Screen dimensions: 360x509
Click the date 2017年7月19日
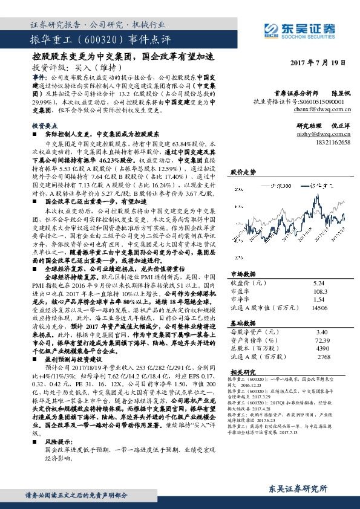point(318,63)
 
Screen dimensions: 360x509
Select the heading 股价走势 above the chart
point(241,172)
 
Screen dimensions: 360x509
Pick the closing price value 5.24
point(319,282)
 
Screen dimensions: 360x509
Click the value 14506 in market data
point(319,308)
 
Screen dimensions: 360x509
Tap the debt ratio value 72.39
point(322,340)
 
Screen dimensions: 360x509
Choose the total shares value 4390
point(322,349)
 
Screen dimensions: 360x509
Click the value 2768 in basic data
point(324,357)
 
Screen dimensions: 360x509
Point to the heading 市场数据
point(241,273)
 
